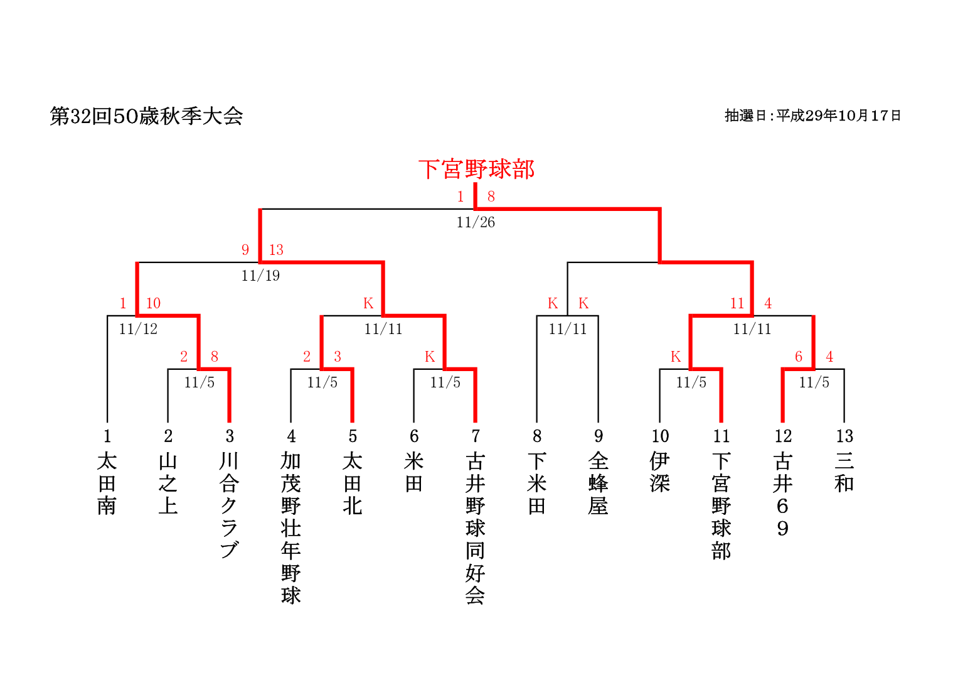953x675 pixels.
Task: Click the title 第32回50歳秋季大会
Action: pos(146,116)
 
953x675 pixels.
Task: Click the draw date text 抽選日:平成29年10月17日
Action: pos(812,116)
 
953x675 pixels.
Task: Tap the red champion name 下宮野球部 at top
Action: pos(476,170)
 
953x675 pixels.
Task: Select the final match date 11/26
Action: pos(476,222)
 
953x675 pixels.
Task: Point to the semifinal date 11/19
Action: pos(260,276)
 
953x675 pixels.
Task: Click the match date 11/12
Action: pos(138,329)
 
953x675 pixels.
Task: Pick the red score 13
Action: pos(276,250)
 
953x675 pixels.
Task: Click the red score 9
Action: pos(245,250)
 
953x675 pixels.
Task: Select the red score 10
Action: pos(153,303)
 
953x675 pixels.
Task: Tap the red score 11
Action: pos(737,303)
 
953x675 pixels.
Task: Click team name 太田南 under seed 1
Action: pos(107,483)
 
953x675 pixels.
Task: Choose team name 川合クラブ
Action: pos(230,505)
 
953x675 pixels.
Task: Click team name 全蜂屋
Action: pos(599,483)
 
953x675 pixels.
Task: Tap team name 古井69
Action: pos(782,495)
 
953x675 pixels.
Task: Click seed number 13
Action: pos(844,436)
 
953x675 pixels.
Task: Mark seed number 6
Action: pos(414,436)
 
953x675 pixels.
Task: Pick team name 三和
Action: pos(844,472)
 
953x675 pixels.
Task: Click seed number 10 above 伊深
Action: pos(660,436)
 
